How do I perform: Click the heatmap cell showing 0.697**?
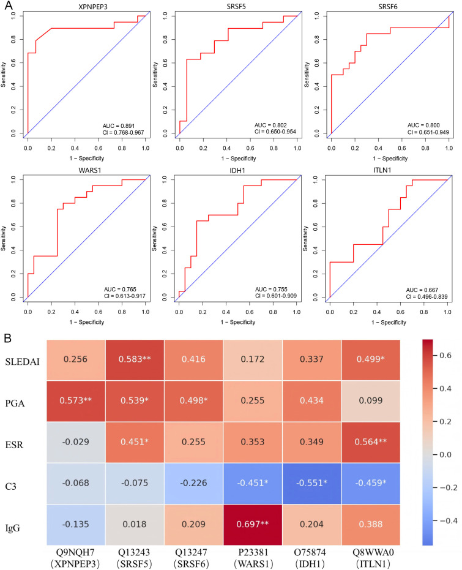(x=253, y=525)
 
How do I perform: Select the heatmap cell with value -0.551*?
(x=311, y=483)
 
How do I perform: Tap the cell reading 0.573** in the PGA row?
(x=76, y=400)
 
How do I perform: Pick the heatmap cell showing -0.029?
(x=76, y=442)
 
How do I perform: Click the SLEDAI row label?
(x=22, y=362)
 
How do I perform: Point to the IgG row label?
(x=12, y=528)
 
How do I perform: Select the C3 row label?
(x=11, y=486)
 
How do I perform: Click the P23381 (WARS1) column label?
(x=253, y=558)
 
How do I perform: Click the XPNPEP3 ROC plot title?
(x=93, y=7)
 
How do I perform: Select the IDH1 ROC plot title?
(x=237, y=170)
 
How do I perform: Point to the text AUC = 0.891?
(x=118, y=126)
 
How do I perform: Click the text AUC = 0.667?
(x=422, y=290)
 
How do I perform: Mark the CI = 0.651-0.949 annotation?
(x=428, y=132)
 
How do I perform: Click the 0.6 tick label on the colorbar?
(x=445, y=356)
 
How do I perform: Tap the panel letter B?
(x=7, y=338)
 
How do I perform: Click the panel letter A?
(x=9, y=6)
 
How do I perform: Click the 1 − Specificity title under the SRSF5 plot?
(x=239, y=159)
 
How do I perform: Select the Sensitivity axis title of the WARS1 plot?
(x=4, y=239)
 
